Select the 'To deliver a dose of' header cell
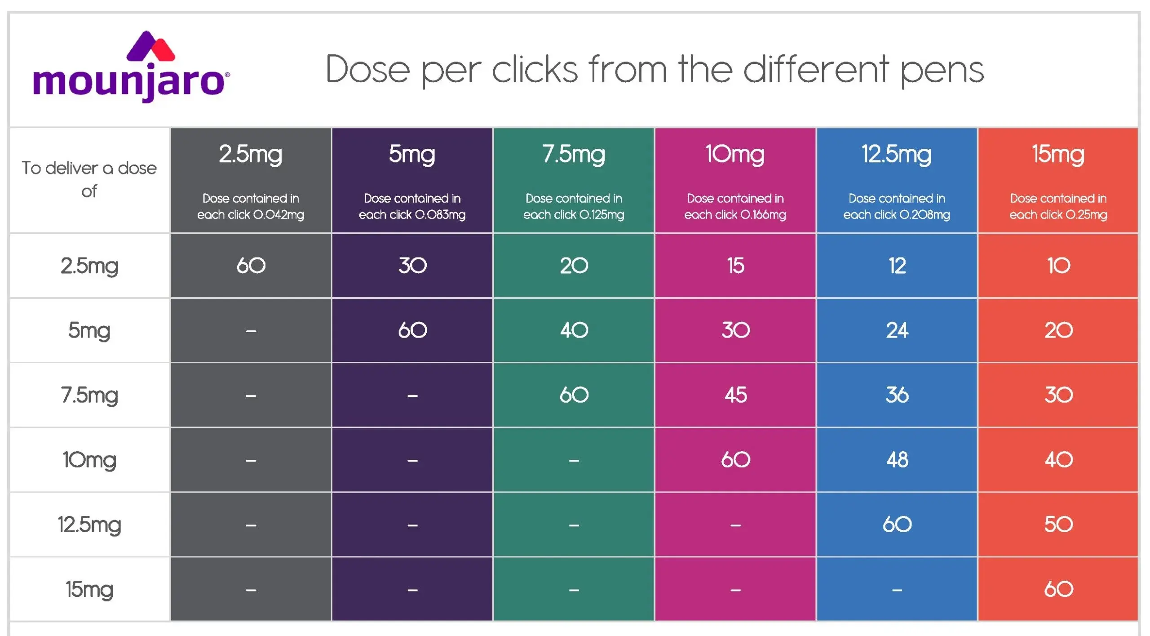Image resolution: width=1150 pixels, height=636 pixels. [89, 180]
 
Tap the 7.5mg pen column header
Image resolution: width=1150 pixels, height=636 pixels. [574, 180]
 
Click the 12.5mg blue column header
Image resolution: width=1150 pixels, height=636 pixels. [897, 180]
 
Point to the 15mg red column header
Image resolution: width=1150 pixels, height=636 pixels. [1058, 180]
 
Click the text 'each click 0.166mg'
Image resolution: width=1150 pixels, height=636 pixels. [735, 215]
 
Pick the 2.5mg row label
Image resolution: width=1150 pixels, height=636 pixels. [89, 266]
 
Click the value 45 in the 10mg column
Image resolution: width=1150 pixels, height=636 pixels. [736, 395]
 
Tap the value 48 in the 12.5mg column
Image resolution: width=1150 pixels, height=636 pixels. [897, 460]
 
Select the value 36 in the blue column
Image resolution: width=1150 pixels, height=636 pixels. [897, 395]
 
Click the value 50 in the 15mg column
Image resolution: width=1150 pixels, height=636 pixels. [1059, 525]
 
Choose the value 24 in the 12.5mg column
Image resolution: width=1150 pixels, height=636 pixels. [897, 330]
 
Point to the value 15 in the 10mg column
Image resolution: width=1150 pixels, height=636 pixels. [736, 266]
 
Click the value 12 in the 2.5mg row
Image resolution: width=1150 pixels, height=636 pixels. [897, 266]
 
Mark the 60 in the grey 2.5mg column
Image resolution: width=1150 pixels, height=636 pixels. [251, 266]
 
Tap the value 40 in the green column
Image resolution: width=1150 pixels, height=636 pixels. [574, 330]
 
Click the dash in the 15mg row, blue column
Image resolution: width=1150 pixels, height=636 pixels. [897, 590]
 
